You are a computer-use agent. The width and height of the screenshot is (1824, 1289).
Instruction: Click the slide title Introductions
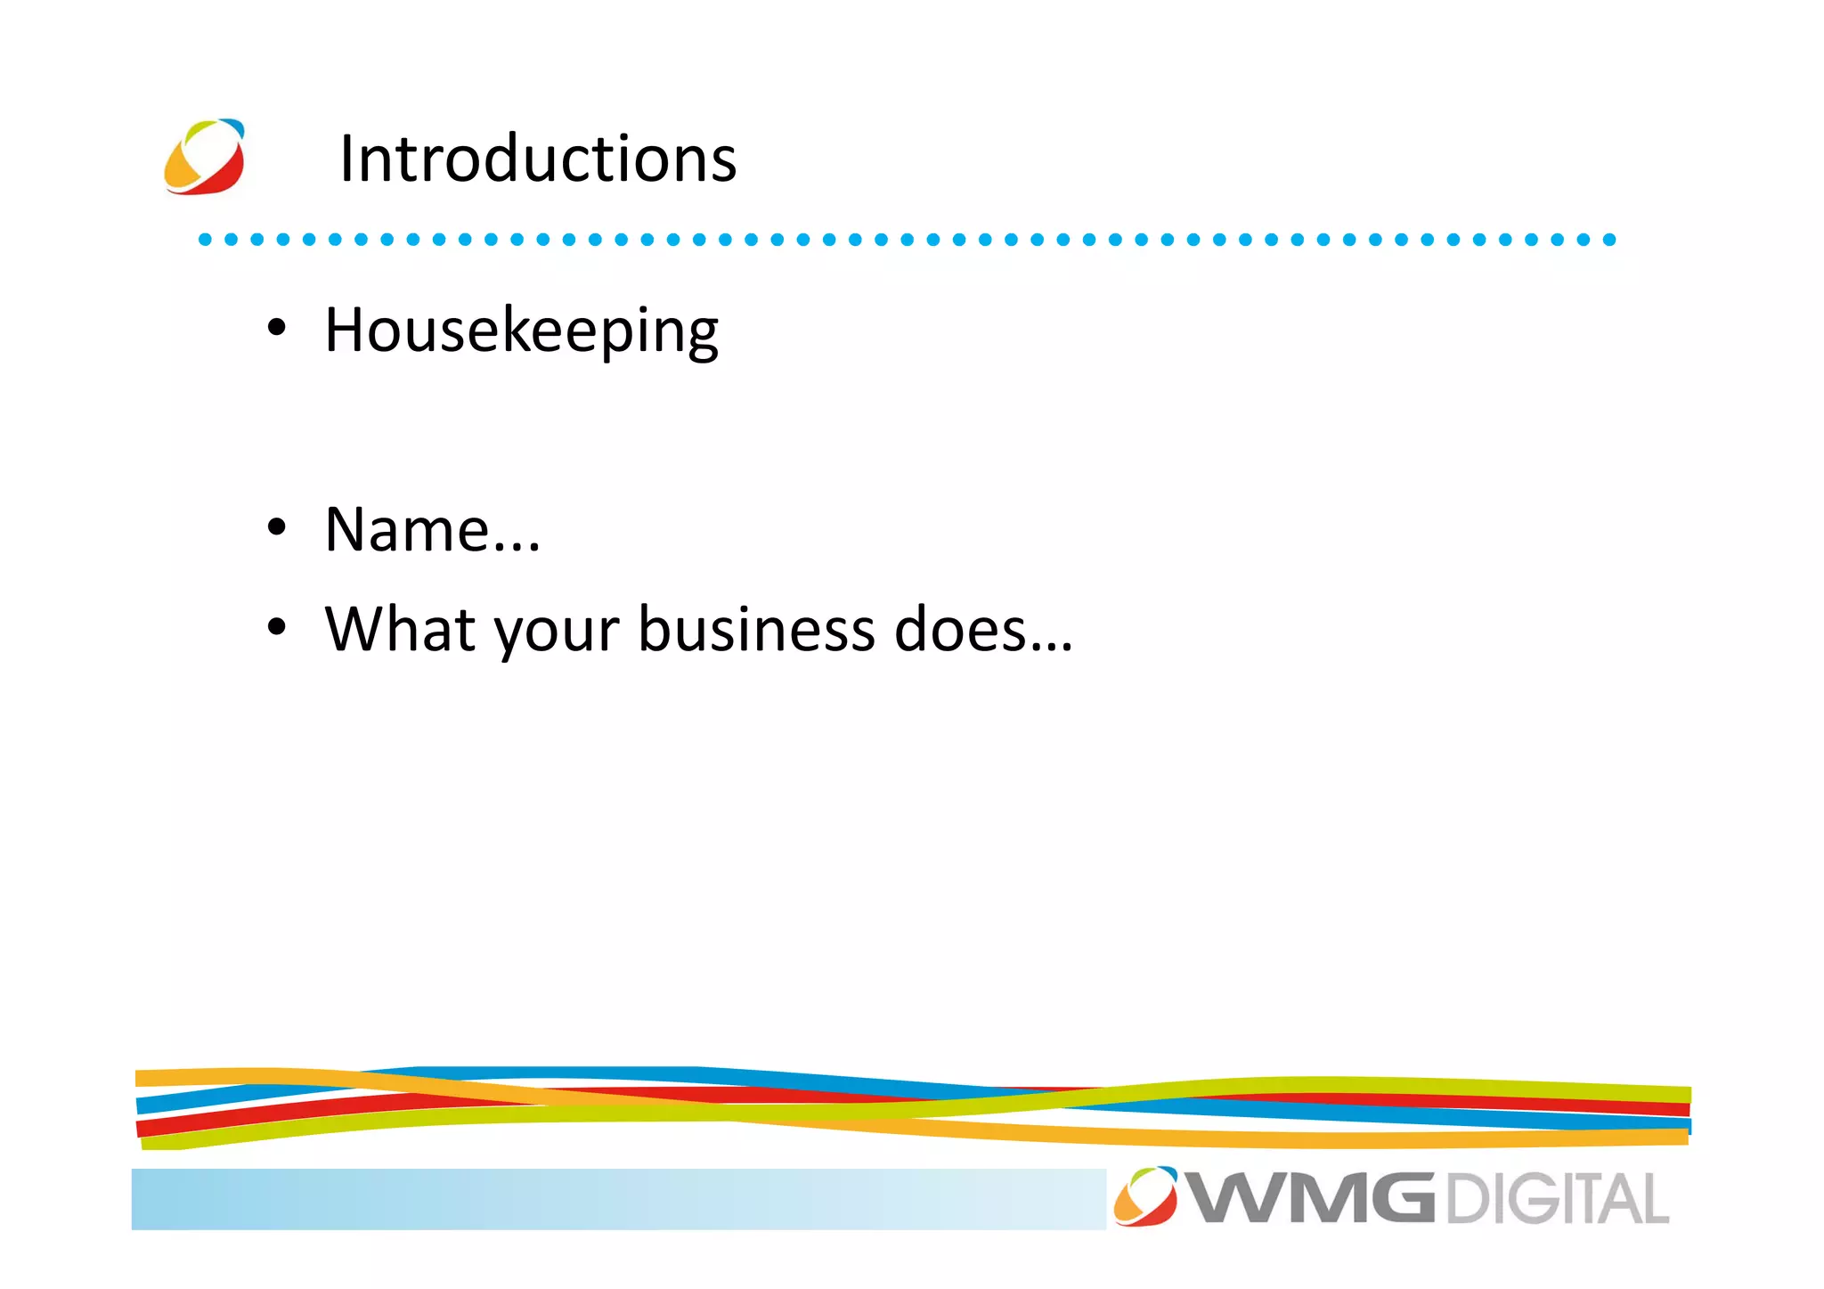point(538,159)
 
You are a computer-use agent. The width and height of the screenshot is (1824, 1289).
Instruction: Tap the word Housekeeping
point(521,330)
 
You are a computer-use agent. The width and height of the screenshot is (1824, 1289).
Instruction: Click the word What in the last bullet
point(401,629)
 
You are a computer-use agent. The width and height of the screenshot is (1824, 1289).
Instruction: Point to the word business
point(756,629)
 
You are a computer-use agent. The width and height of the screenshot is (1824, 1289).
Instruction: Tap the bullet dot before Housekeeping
point(277,329)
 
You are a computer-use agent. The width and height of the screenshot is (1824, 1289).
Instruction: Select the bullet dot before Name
point(277,527)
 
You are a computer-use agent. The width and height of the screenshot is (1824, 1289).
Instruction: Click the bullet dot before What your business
point(277,627)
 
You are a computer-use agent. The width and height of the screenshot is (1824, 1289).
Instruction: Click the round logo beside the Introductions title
point(205,157)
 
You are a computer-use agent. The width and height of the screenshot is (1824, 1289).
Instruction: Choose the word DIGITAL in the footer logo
point(1556,1199)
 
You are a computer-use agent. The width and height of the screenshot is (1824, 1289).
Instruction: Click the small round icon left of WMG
point(1145,1196)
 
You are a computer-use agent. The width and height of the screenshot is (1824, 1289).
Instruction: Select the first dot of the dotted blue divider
point(205,239)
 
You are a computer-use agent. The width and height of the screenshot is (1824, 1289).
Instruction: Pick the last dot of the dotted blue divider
point(1608,239)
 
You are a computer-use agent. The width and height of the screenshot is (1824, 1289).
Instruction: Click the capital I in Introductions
point(346,159)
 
